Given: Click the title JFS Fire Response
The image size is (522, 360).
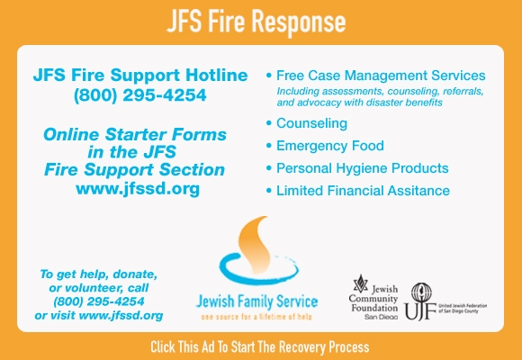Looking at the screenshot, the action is pyautogui.click(x=256, y=22).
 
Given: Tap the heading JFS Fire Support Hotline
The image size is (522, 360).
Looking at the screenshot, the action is pyautogui.click(x=140, y=75).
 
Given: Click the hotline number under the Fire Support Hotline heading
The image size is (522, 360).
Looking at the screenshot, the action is pyautogui.click(x=140, y=95).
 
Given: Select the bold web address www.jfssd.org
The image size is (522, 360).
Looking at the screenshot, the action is pyautogui.click(x=138, y=188).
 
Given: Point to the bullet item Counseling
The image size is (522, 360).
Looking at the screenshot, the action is pyautogui.click(x=311, y=123).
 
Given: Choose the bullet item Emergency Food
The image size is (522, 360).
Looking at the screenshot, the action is pyautogui.click(x=330, y=146).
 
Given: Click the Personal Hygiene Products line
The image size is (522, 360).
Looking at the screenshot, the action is pyautogui.click(x=362, y=168).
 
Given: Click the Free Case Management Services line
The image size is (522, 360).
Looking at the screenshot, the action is pyautogui.click(x=381, y=76).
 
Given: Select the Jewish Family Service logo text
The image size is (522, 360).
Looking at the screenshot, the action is pyautogui.click(x=256, y=301).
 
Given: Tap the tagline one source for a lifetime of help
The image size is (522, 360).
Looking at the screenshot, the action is pyautogui.click(x=256, y=317).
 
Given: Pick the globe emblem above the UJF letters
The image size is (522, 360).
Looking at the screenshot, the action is pyautogui.click(x=421, y=292).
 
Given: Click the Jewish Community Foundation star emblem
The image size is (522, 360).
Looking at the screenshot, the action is pyautogui.click(x=361, y=283).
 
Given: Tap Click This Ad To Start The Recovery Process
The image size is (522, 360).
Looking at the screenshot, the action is pyautogui.click(x=260, y=346).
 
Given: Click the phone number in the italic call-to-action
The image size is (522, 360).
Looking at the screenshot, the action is pyautogui.click(x=99, y=301).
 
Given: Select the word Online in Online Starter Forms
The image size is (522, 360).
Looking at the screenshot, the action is pyautogui.click(x=71, y=135).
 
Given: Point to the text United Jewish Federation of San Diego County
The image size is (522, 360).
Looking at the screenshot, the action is pyautogui.click(x=463, y=309).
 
